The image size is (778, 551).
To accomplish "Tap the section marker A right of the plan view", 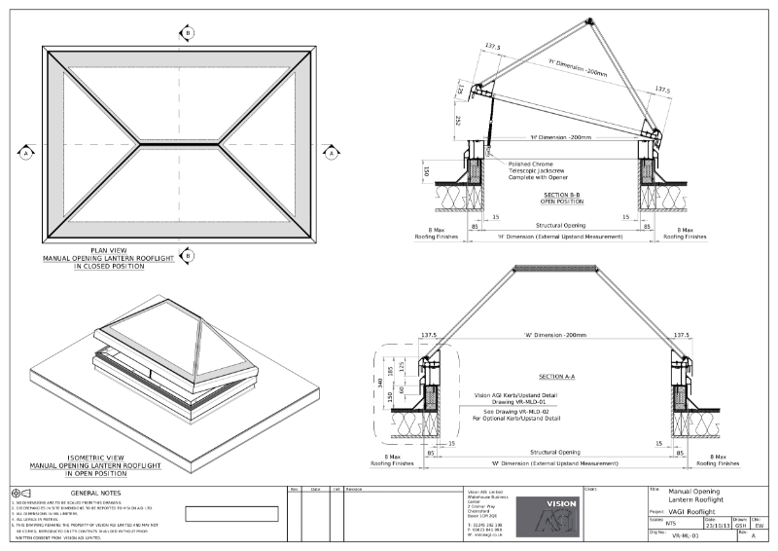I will tap(331, 153).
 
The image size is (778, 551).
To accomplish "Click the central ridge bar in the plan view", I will tap(179, 144).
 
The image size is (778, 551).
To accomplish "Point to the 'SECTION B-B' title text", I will tap(563, 195).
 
